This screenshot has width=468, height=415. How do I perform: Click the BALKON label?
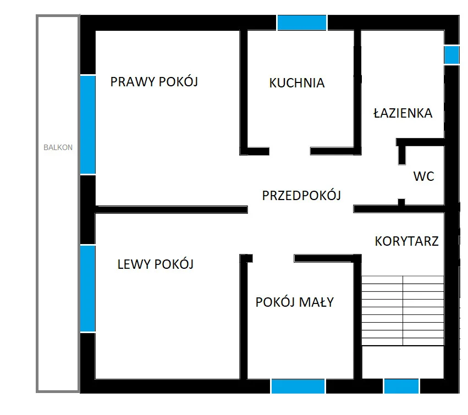(58, 147)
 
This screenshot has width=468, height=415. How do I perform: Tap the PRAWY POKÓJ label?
(154, 82)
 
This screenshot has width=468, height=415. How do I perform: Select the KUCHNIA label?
(296, 83)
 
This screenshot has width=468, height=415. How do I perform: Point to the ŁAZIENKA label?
(403, 113)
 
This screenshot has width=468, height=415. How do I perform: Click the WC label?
(423, 176)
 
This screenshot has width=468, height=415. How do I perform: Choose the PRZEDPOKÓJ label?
(301, 196)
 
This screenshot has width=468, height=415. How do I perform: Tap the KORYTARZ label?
(406, 241)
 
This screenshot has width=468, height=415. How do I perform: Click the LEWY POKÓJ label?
(156, 264)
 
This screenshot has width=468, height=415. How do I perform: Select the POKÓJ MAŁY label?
(295, 302)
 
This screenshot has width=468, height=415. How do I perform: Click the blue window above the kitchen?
(302, 23)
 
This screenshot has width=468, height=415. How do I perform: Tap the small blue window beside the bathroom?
(452, 55)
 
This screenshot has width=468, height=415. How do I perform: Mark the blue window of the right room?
(88, 125)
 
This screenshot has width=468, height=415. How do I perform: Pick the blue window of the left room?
(88, 289)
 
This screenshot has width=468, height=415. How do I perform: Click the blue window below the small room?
(298, 386)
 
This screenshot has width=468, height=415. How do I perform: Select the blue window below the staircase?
(401, 386)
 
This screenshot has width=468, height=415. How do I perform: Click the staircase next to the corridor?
(403, 311)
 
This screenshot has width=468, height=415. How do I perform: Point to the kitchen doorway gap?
(290, 151)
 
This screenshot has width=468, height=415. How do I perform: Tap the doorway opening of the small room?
(273, 258)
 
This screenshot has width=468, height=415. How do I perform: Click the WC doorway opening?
(402, 182)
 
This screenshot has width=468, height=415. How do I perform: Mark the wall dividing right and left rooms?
(172, 209)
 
